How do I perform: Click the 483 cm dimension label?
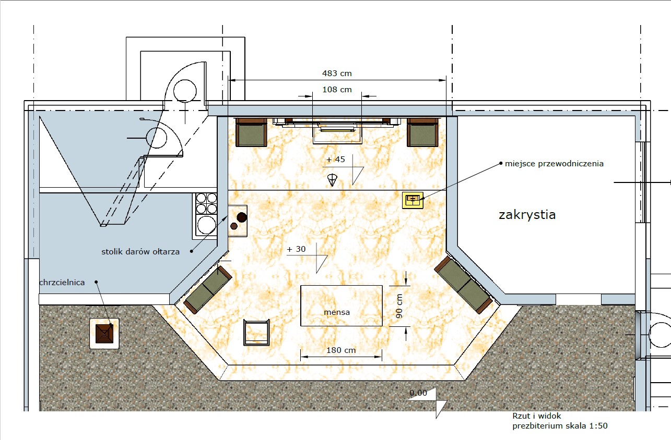pyautogui.click(x=337, y=74)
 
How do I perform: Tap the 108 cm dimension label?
pyautogui.click(x=337, y=90)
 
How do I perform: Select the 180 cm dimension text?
pyautogui.click(x=341, y=350)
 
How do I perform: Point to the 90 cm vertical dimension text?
pyautogui.click(x=399, y=305)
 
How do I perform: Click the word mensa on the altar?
pyautogui.click(x=337, y=312)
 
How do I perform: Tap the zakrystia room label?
pyautogui.click(x=527, y=215)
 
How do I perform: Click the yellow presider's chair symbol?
pyautogui.click(x=413, y=200)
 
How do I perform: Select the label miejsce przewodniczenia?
pyautogui.click(x=554, y=164)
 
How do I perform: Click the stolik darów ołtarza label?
pyautogui.click(x=140, y=252)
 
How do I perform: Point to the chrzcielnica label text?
pyautogui.click(x=62, y=283)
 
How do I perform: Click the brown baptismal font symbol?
pyautogui.click(x=104, y=334)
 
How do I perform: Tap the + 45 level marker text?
pyautogui.click(x=335, y=160)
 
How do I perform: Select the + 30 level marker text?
pyautogui.click(x=296, y=249)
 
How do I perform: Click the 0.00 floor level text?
pyautogui.click(x=418, y=393)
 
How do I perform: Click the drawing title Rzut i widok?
pyautogui.click(x=536, y=416)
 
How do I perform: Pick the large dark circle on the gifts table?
pyautogui.click(x=242, y=217)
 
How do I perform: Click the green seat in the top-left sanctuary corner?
pyautogui.click(x=251, y=132)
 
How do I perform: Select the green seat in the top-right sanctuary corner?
pyautogui.click(x=422, y=132)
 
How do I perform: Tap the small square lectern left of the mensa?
pyautogui.click(x=256, y=332)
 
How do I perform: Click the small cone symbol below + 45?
pyautogui.click(x=332, y=180)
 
